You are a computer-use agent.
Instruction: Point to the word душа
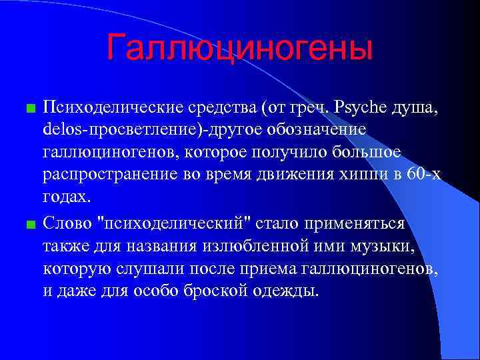click(x=417, y=107)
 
